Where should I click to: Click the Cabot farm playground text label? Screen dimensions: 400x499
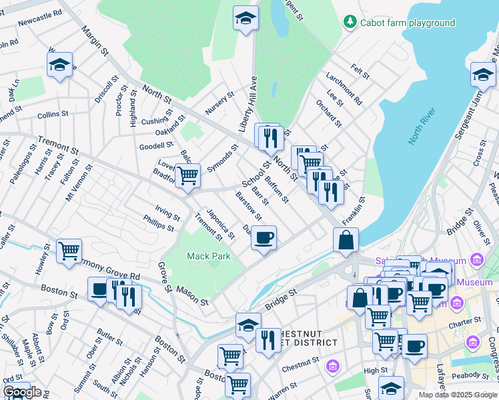pyautogui.click(x=408, y=23)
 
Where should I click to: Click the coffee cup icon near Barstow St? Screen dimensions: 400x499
pyautogui.click(x=264, y=237)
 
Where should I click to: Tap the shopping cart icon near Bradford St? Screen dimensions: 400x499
pyautogui.click(x=187, y=175)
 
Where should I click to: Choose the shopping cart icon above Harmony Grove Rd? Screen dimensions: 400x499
pyautogui.click(x=69, y=251)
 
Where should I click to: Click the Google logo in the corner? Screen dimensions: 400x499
pyautogui.click(x=22, y=392)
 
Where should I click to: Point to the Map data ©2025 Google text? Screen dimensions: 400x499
pyautogui.click(x=457, y=395)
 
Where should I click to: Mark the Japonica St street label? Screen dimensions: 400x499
pyautogui.click(x=220, y=223)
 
